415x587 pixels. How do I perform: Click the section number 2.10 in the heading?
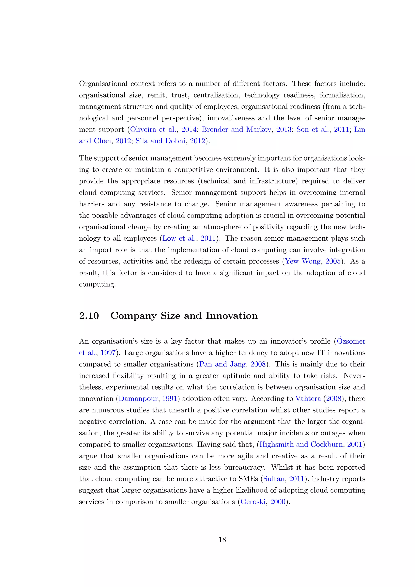[x=89, y=316]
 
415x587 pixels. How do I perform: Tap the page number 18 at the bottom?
[x=222, y=539]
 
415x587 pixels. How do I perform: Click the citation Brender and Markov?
[x=236, y=129]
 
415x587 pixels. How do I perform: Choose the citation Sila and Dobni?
[x=160, y=141]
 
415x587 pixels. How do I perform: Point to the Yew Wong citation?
[x=303, y=261]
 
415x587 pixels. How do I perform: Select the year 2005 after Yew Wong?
[x=333, y=261]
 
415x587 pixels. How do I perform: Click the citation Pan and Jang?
[x=222, y=364]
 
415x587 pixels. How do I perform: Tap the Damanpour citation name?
[x=138, y=398]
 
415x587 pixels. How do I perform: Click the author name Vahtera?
[x=308, y=398]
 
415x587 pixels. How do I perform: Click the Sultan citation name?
[x=274, y=479]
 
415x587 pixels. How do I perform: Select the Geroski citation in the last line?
[x=253, y=502]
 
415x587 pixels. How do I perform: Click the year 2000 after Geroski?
[x=278, y=502]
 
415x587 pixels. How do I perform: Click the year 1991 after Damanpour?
[x=170, y=398]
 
